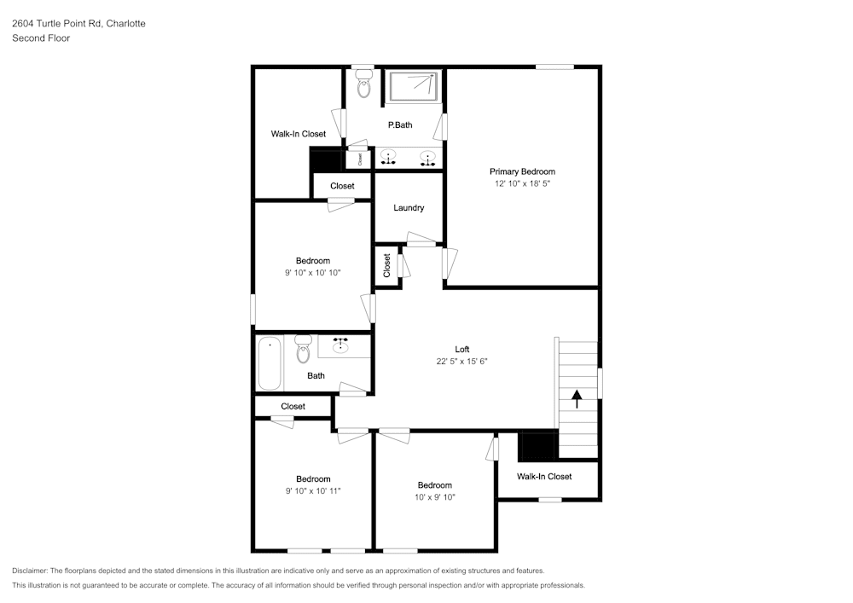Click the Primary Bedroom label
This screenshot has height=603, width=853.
point(522,171)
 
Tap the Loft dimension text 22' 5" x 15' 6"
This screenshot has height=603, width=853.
point(461,362)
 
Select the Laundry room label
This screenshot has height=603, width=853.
point(409,208)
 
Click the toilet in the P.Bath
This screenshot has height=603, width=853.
point(364,83)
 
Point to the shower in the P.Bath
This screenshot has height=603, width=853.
point(414,86)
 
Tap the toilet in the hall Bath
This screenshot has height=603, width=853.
point(302,349)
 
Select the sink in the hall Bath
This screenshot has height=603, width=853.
point(341,345)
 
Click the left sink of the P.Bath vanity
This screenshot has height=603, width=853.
point(388,158)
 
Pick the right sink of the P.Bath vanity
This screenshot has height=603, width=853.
point(426,158)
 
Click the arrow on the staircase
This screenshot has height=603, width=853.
point(577,398)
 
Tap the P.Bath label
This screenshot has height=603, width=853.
point(400,125)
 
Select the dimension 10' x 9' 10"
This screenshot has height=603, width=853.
point(435,497)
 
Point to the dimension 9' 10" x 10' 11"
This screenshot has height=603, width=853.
point(313,491)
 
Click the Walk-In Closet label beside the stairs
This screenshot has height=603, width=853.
point(544,477)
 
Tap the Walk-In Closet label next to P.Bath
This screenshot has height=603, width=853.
point(298,134)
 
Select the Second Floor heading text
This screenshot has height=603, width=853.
point(41,38)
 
